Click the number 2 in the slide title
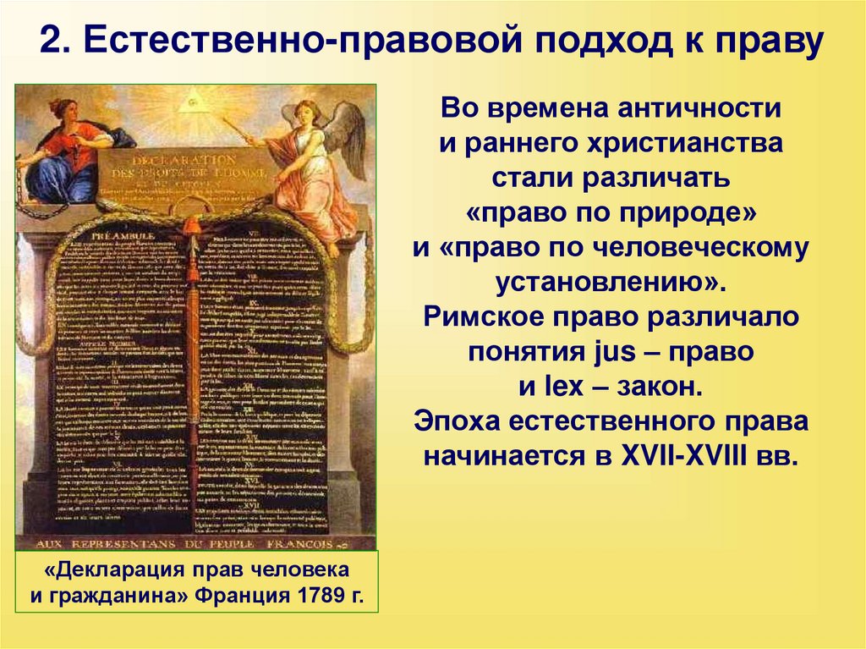click(x=52, y=42)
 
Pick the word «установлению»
click(x=613, y=283)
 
